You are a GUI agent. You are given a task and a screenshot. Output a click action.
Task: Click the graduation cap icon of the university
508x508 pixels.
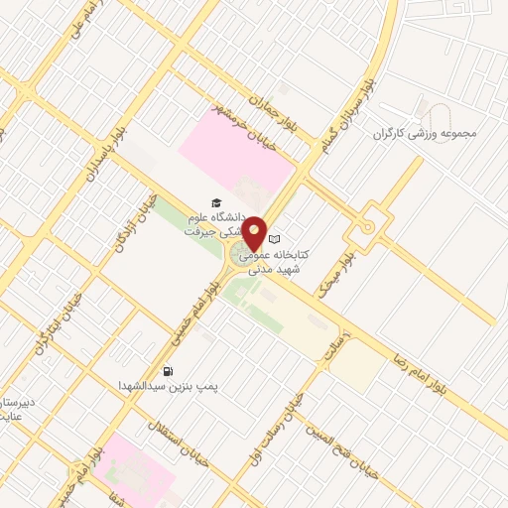point(215,201)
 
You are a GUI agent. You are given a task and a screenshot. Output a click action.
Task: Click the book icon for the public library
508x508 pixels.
point(277,239)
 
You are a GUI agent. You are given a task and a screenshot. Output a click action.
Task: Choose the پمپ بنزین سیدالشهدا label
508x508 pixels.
point(154,385)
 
